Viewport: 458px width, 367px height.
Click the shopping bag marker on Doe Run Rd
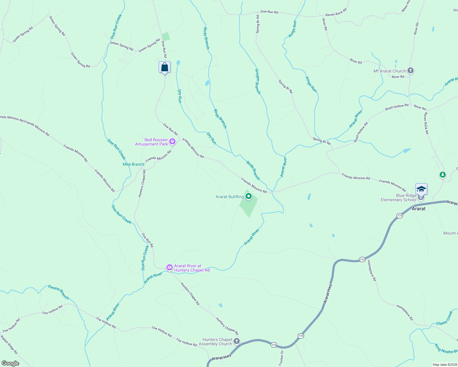pos(164,67)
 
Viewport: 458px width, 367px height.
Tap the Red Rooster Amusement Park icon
pos(172,141)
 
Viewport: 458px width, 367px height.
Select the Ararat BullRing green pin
pos(249,196)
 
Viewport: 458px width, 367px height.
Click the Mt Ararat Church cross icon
pos(411,71)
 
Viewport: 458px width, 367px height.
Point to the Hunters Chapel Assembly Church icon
pos(236,341)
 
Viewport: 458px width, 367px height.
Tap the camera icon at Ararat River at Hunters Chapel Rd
pos(169,268)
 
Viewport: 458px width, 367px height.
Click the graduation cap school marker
pos(421,189)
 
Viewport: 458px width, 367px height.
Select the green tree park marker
pos(442,175)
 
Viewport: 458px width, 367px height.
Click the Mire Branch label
pos(133,164)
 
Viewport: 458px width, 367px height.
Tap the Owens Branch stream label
pos(58,292)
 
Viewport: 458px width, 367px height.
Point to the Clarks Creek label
pos(444,318)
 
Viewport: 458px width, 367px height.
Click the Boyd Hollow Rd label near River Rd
pos(397,107)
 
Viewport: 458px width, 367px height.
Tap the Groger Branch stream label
pos(258,81)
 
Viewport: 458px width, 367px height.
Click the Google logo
pos(10,363)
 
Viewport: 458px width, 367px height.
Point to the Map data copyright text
pos(445,365)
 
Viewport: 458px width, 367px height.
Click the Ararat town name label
pos(419,209)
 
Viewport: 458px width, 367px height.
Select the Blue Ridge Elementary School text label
pos(398,198)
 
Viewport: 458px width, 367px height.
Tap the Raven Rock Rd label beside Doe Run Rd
pos(336,13)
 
